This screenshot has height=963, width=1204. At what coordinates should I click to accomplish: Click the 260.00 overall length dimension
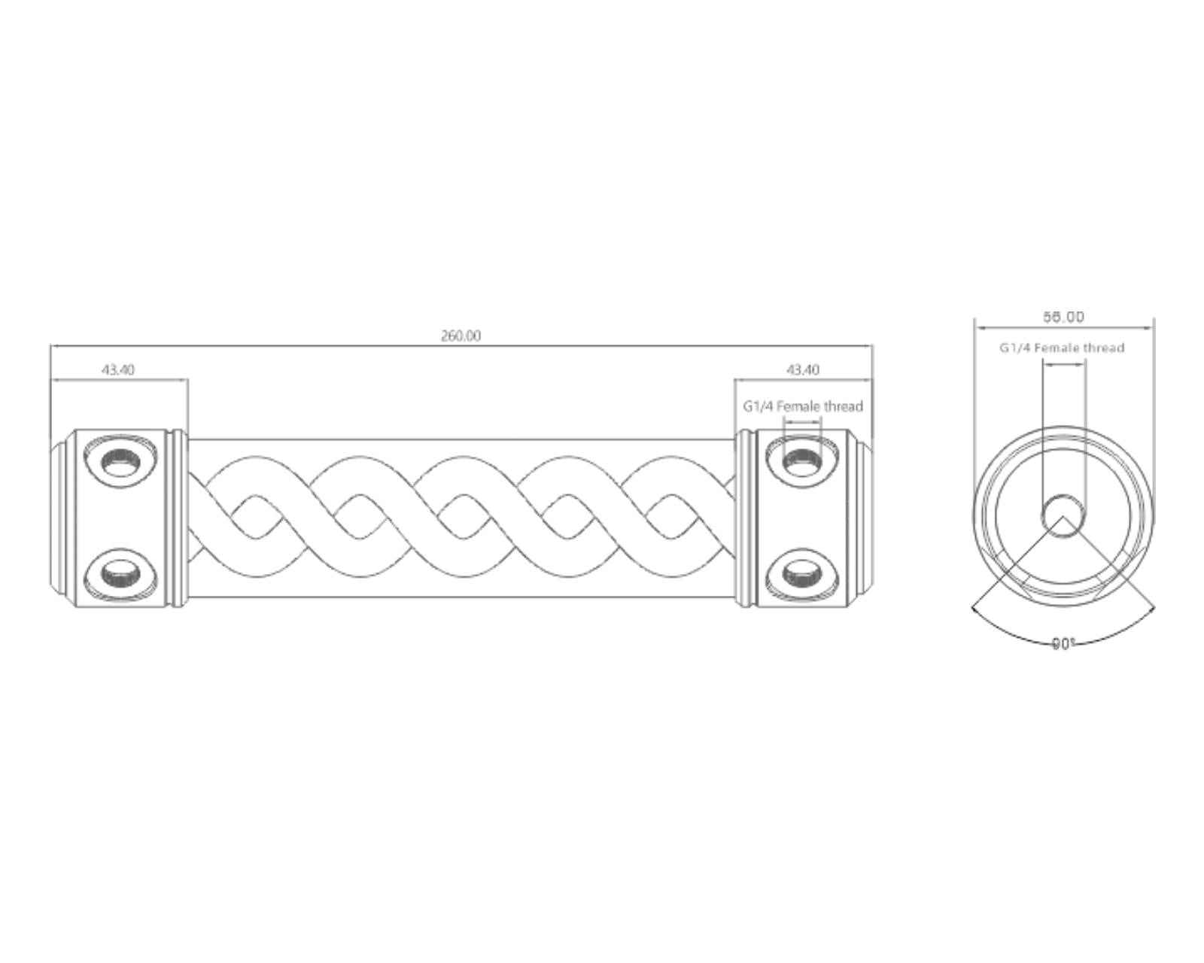[460, 336]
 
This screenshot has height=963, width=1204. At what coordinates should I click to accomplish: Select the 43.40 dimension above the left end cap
[118, 369]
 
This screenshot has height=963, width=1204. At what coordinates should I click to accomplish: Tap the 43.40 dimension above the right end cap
[803, 369]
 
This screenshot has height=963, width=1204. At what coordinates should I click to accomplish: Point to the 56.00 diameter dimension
[1063, 317]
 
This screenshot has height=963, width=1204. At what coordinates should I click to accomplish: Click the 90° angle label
[1063, 643]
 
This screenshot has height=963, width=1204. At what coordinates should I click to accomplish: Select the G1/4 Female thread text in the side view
[803, 406]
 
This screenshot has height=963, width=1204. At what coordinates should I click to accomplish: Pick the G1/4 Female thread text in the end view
[1062, 348]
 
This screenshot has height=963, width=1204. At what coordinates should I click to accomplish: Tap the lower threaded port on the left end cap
[121, 575]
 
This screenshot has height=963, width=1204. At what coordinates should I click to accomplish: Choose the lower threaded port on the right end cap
[802, 575]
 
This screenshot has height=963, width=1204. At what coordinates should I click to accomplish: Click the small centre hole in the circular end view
[1063, 516]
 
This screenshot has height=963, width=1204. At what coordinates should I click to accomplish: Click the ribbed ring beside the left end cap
[178, 518]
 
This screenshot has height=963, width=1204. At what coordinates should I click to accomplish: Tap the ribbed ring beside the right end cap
[744, 518]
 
